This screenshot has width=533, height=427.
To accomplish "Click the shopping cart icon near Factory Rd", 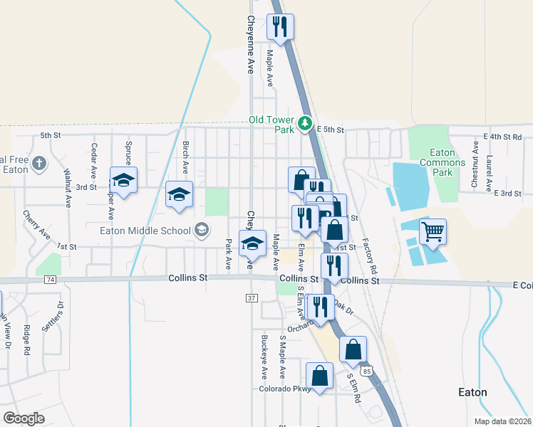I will (x=433, y=232).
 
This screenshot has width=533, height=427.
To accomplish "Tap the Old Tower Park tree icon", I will (x=305, y=124).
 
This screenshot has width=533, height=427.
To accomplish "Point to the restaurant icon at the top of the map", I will (x=280, y=27).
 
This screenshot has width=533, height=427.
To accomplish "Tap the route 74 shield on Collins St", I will (x=49, y=280).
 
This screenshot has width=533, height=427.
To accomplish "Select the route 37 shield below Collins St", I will (x=252, y=297).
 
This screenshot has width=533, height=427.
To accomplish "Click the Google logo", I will (x=24, y=418).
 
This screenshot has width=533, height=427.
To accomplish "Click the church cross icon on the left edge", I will (x=39, y=164).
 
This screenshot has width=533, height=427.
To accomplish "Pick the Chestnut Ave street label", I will (x=475, y=163).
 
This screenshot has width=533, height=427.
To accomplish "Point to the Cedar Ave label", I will (x=93, y=161).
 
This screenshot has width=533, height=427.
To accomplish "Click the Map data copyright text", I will (x=502, y=421).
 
